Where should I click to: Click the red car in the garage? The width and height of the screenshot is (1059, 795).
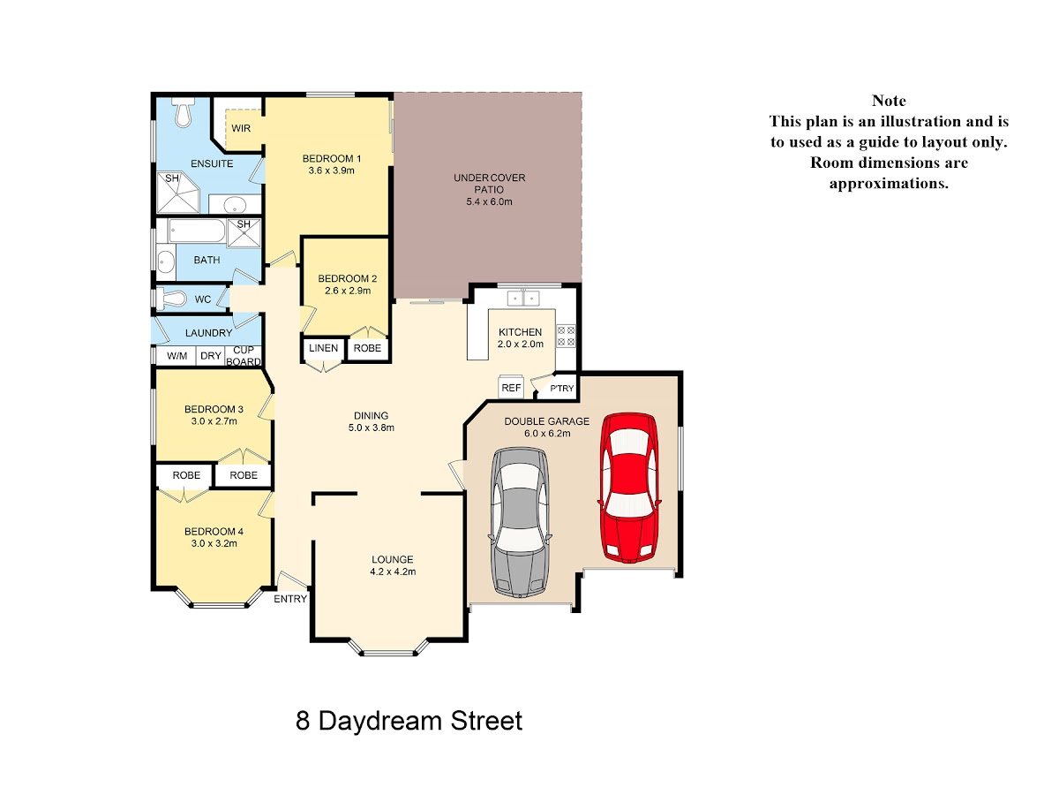point(628,488)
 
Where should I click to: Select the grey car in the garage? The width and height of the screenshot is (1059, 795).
point(520,523)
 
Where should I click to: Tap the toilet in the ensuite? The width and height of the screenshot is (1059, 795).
point(183,112)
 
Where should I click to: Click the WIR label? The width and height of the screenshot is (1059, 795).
point(241,128)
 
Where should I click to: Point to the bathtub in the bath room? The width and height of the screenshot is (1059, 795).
point(197,231)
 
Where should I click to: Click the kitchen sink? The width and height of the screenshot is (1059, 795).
point(523,299)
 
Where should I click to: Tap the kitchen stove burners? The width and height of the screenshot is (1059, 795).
point(566,336)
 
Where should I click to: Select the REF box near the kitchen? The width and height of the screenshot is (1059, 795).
point(511,387)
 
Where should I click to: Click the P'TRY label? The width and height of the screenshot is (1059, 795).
point(562,388)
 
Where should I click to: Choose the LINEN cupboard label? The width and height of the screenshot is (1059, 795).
point(323,348)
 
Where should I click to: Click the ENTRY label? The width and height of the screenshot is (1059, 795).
point(290,599)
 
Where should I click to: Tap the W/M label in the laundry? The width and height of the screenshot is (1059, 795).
point(177,356)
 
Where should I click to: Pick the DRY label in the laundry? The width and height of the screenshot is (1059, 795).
point(211,356)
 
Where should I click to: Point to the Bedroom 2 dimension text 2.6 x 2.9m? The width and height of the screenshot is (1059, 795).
point(348,291)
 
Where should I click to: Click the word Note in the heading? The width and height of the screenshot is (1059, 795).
point(889,101)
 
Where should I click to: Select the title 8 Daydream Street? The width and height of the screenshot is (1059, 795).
point(409,721)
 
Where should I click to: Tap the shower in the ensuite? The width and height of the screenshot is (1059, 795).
point(178,193)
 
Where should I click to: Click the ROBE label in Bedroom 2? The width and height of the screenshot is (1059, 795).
point(367,348)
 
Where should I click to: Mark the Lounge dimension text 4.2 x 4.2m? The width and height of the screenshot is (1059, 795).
point(393,572)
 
